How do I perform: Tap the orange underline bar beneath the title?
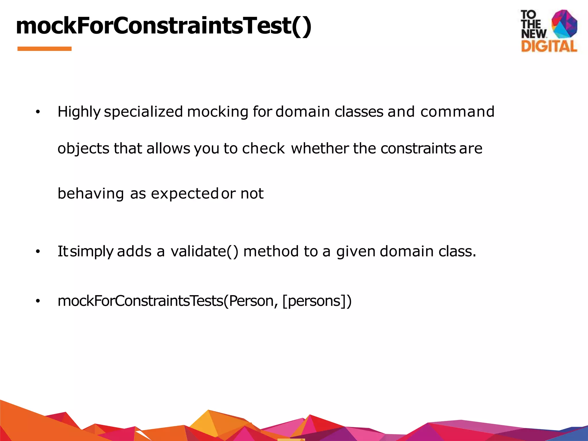45,49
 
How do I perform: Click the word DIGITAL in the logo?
549,46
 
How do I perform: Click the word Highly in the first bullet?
79,112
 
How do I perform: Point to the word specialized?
143,112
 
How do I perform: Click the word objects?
83,149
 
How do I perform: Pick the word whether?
320,148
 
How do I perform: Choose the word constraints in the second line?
418,148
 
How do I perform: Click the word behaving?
91,194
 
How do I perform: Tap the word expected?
185,194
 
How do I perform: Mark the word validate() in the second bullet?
204,252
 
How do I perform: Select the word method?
271,252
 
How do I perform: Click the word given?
356,252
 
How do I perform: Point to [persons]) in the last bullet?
317,301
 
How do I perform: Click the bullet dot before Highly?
38,112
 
